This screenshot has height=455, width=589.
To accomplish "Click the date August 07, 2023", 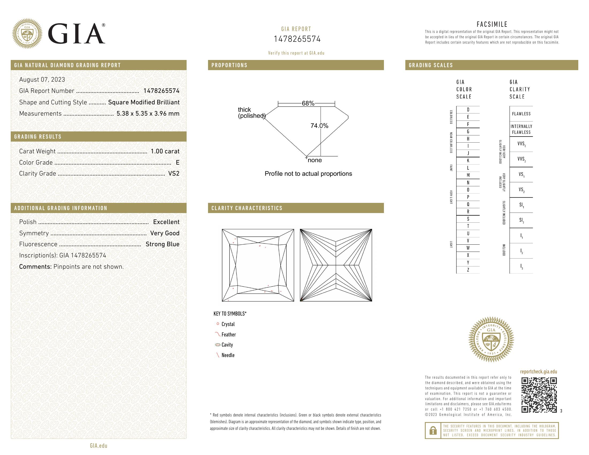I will point(42,79).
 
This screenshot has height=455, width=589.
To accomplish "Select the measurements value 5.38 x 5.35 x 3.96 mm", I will point(148,113).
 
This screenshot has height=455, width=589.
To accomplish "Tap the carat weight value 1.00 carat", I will point(165,151).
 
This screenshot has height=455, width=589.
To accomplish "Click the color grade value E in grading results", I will point(178,162).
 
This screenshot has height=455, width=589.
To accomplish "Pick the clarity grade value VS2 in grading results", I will point(174,174).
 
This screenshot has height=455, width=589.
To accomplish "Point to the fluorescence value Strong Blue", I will point(162,244).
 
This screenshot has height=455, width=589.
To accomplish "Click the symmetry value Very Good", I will point(165,233).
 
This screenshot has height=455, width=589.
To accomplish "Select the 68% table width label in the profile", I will point(308,103).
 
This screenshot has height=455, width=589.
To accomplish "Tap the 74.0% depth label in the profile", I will point(319,126).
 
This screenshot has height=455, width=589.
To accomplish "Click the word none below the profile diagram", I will point(315,160).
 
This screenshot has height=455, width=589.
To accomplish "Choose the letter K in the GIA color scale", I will point(468,161).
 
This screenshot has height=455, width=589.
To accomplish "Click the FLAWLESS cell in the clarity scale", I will point(521,114).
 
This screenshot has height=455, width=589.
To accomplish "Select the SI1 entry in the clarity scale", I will point(521,205).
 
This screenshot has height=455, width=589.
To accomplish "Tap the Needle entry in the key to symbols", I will point(228,355).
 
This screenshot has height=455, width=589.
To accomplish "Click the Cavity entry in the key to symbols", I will point(227,345).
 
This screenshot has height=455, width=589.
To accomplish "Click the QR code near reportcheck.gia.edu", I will point(539,395).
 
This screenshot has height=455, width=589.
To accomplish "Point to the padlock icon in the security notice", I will point(433,430).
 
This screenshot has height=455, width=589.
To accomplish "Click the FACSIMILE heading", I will point(492,24).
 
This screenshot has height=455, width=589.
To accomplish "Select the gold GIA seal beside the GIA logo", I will point(27,34).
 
